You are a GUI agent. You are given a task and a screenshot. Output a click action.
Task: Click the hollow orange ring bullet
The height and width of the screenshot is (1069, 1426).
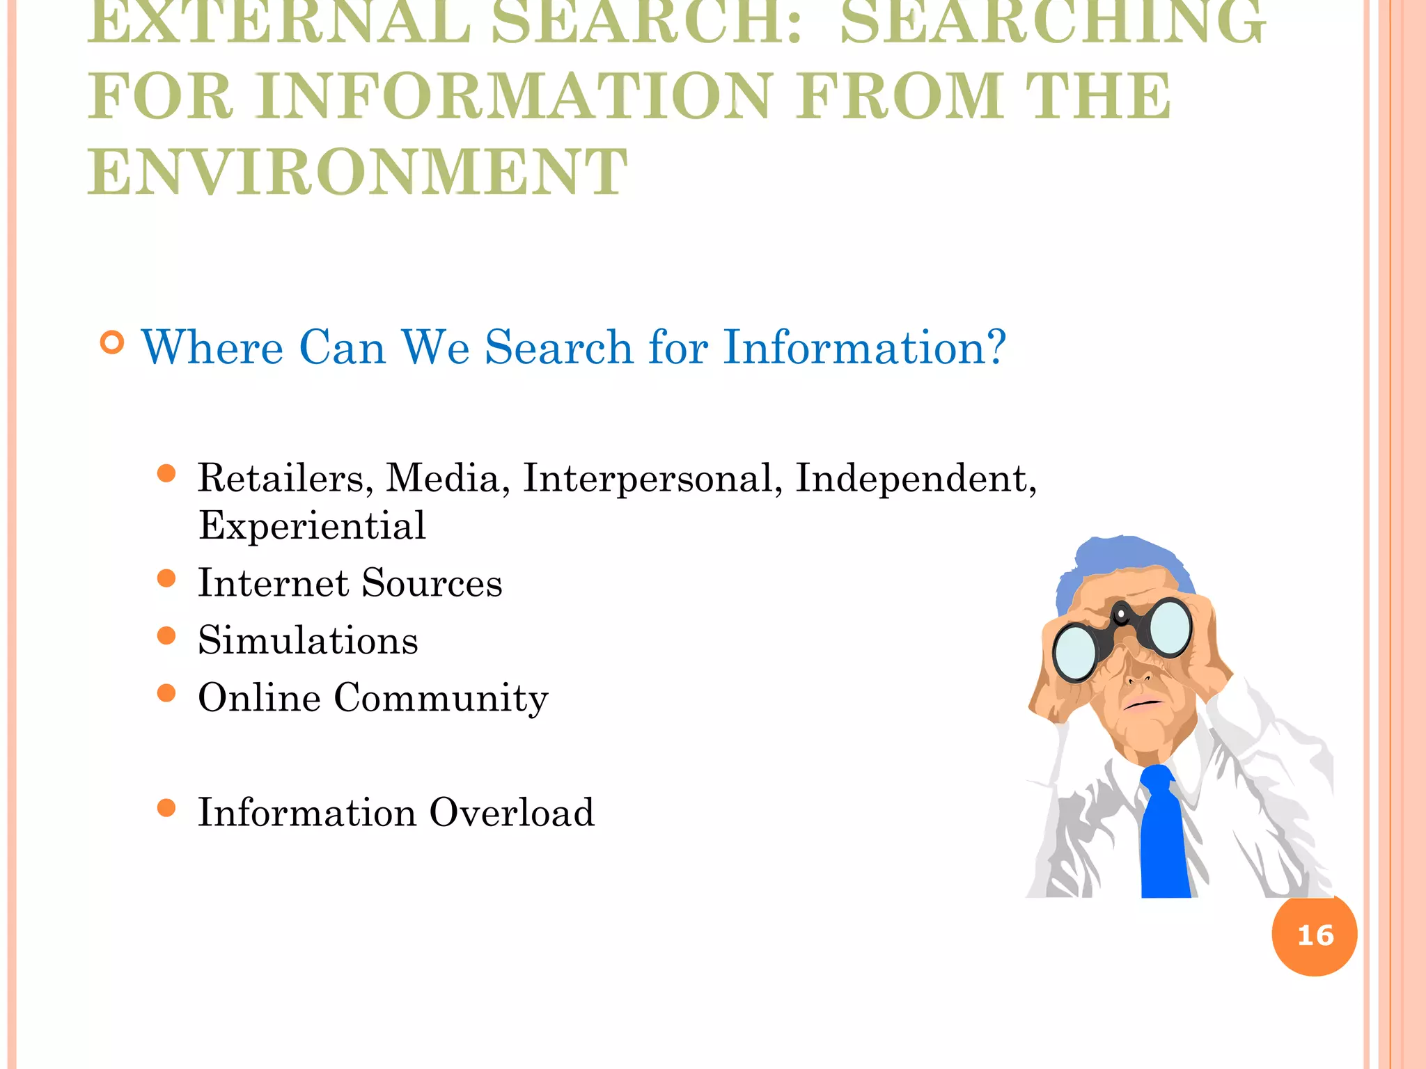tap(112, 342)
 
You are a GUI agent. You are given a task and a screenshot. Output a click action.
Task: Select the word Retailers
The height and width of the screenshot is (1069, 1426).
tap(281, 479)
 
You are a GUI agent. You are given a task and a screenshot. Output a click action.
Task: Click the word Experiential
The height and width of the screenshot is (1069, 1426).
tap(312, 525)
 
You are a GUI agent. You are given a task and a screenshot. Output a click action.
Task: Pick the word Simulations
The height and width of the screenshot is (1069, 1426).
tap(308, 640)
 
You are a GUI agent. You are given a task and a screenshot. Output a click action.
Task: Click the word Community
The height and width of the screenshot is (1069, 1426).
tap(441, 698)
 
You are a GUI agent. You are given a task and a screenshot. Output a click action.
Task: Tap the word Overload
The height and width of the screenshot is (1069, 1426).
tap(512, 812)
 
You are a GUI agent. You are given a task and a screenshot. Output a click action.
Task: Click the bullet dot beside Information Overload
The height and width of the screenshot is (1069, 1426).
tap(166, 808)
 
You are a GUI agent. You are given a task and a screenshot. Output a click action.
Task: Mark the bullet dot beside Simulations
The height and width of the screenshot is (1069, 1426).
tap(166, 635)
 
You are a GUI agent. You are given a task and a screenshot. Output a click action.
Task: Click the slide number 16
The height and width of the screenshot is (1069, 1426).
tap(1315, 935)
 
